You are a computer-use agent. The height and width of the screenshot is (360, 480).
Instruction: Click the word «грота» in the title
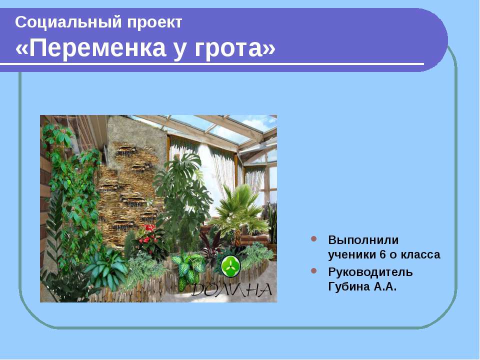pyautogui.click(x=228, y=48)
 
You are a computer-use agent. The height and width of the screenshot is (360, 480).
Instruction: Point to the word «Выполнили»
pyautogui.click(x=363, y=240)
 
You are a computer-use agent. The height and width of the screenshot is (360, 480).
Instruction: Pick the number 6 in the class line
pyautogui.click(x=382, y=254)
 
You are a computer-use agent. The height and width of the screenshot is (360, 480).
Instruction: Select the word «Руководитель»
pyautogui.click(x=370, y=272)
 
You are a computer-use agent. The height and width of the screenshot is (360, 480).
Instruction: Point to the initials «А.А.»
pyautogui.click(x=384, y=286)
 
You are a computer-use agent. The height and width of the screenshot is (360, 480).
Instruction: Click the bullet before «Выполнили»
pyautogui.click(x=314, y=239)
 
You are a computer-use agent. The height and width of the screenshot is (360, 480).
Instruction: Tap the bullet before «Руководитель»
pyautogui.click(x=314, y=271)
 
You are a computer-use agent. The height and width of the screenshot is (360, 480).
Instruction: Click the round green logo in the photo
pyautogui.click(x=231, y=266)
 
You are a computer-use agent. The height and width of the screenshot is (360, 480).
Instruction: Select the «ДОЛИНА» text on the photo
pyautogui.click(x=231, y=289)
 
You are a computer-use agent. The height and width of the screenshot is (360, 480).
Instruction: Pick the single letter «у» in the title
pyautogui.click(x=180, y=50)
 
